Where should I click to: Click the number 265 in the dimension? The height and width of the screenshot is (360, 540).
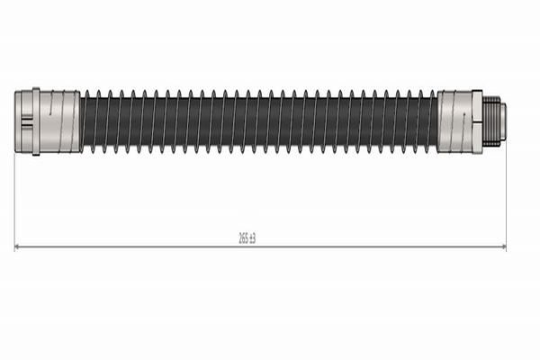(x=243, y=238)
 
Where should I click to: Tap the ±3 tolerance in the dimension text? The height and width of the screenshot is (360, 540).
(x=253, y=238)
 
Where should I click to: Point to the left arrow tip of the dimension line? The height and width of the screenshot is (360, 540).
(x=16, y=247)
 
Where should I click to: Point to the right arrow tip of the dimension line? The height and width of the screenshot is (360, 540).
(x=505, y=247)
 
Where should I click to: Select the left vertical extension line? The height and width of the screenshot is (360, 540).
(x=15, y=198)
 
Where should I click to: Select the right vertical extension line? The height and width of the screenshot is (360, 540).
(x=506, y=198)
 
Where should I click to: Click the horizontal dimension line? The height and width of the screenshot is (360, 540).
(x=135, y=247)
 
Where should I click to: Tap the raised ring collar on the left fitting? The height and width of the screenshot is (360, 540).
(x=36, y=121)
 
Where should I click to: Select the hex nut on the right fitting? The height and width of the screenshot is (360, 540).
(x=477, y=121)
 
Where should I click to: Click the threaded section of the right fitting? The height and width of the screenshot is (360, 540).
(x=491, y=121)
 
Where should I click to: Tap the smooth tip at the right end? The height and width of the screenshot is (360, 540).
(x=503, y=121)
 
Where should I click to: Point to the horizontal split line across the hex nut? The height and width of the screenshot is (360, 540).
(x=477, y=121)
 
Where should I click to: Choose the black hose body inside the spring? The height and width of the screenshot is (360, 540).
(x=261, y=121)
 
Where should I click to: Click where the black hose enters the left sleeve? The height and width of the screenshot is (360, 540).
(x=81, y=121)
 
